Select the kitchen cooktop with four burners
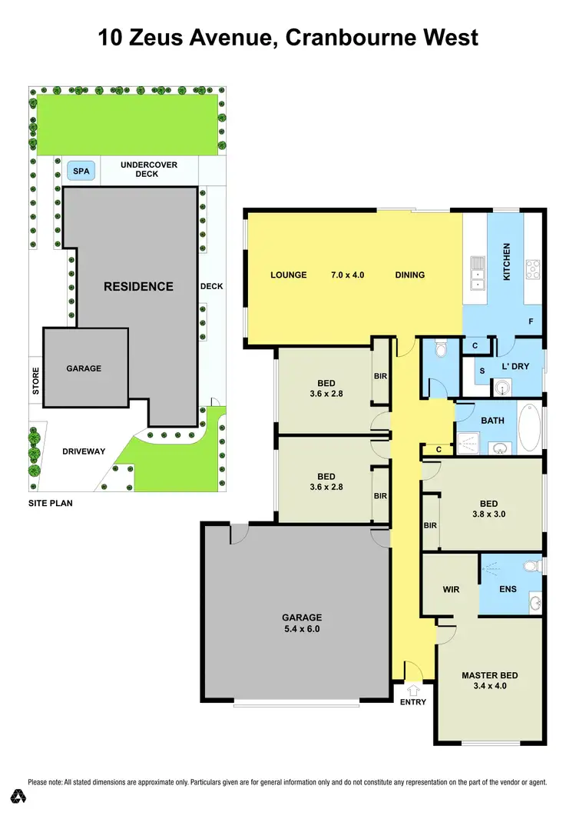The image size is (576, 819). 531,269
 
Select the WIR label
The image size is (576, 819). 451,590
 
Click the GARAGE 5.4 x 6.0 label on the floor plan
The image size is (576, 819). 301,622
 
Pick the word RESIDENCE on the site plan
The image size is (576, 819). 138,286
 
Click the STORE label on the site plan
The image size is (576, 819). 35,382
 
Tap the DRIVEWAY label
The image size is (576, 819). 84,451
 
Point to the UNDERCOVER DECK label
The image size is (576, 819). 138,169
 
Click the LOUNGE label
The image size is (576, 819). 288,275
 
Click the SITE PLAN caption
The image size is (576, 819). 51,503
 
